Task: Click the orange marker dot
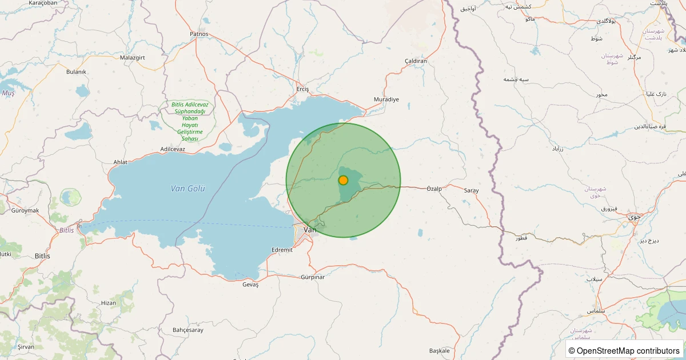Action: coord(343,180)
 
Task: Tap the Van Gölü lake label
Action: coord(188,189)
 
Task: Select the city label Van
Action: coord(310,230)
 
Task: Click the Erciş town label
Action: coord(302,89)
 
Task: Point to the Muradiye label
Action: coord(386,99)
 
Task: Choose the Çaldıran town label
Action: coord(416,61)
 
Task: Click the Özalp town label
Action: coord(434,189)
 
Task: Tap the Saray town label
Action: coord(471,190)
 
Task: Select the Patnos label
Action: coord(200,34)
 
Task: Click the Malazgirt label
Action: coord(133,58)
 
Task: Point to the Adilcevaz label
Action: coord(173,149)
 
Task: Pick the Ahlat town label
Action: coord(120,162)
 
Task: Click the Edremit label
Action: coord(282,250)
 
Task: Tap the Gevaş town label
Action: coord(250,285)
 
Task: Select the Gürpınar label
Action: coord(312,277)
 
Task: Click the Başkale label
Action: coord(439,350)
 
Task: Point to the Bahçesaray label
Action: coord(188,330)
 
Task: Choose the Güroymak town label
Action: coord(25,211)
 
